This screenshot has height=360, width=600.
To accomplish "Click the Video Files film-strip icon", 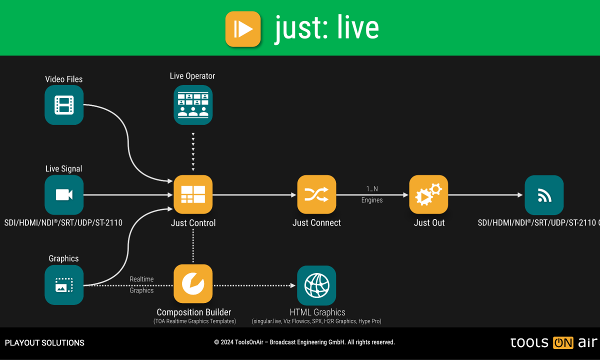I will point(64,105).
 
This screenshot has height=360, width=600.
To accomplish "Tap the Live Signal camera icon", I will point(64,194).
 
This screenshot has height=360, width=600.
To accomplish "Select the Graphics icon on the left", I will point(64,285).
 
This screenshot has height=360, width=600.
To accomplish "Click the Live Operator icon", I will point(193,105).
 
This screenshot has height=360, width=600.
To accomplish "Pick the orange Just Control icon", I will point(193,194).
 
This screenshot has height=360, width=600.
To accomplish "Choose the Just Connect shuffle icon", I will point(316,194).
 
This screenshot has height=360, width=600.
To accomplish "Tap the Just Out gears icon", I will point(429,194).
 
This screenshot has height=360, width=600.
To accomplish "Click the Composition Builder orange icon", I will point(193,284).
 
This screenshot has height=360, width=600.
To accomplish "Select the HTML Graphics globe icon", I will point(316,285).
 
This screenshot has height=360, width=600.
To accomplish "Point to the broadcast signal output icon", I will point(544,195).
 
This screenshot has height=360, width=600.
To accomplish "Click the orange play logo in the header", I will point(243,29).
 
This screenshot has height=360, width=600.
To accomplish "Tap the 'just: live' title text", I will point(326,28).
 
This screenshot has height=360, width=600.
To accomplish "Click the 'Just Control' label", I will point(193,223).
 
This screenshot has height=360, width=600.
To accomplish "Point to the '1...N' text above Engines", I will point(372,189).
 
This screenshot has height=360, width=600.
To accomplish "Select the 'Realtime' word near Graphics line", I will point(141,279).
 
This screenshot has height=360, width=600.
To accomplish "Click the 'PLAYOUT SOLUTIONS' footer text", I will point(44,343).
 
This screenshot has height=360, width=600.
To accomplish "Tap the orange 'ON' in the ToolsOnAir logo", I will point(563,343).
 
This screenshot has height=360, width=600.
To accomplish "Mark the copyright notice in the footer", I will point(304,342).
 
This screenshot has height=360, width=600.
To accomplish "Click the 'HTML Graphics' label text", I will point(317,312).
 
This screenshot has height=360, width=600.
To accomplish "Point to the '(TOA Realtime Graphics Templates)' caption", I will point(194,321).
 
